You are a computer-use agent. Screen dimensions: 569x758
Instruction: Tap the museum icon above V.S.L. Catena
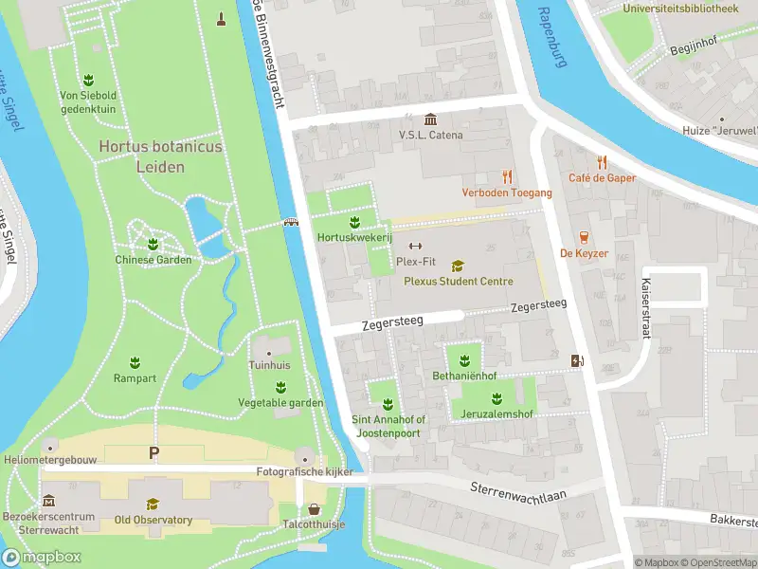[431, 119]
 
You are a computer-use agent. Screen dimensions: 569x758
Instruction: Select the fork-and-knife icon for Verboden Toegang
[507, 175]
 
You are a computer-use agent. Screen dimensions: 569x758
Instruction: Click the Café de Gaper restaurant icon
[602, 162]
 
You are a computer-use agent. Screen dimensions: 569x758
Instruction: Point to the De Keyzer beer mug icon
[583, 237]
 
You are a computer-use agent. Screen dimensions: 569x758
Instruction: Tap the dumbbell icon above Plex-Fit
[414, 247]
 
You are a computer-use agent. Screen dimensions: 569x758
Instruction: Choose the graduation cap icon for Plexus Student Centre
[459, 266]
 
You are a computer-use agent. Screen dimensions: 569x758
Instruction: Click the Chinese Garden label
[153, 260]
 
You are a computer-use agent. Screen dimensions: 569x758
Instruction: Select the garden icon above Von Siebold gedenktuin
[87, 79]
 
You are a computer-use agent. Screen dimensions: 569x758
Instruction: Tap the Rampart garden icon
[135, 362]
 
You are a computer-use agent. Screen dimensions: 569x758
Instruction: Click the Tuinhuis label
[269, 365]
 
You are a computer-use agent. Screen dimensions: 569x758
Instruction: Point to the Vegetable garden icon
[280, 387]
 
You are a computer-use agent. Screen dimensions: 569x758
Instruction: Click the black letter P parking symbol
[153, 454]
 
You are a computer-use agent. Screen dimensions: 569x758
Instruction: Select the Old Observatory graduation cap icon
[153, 504]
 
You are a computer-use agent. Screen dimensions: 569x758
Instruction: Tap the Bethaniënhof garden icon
[464, 359]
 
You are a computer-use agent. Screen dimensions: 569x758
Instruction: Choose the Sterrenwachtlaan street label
[517, 492]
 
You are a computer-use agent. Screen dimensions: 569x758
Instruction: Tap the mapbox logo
[43, 557]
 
